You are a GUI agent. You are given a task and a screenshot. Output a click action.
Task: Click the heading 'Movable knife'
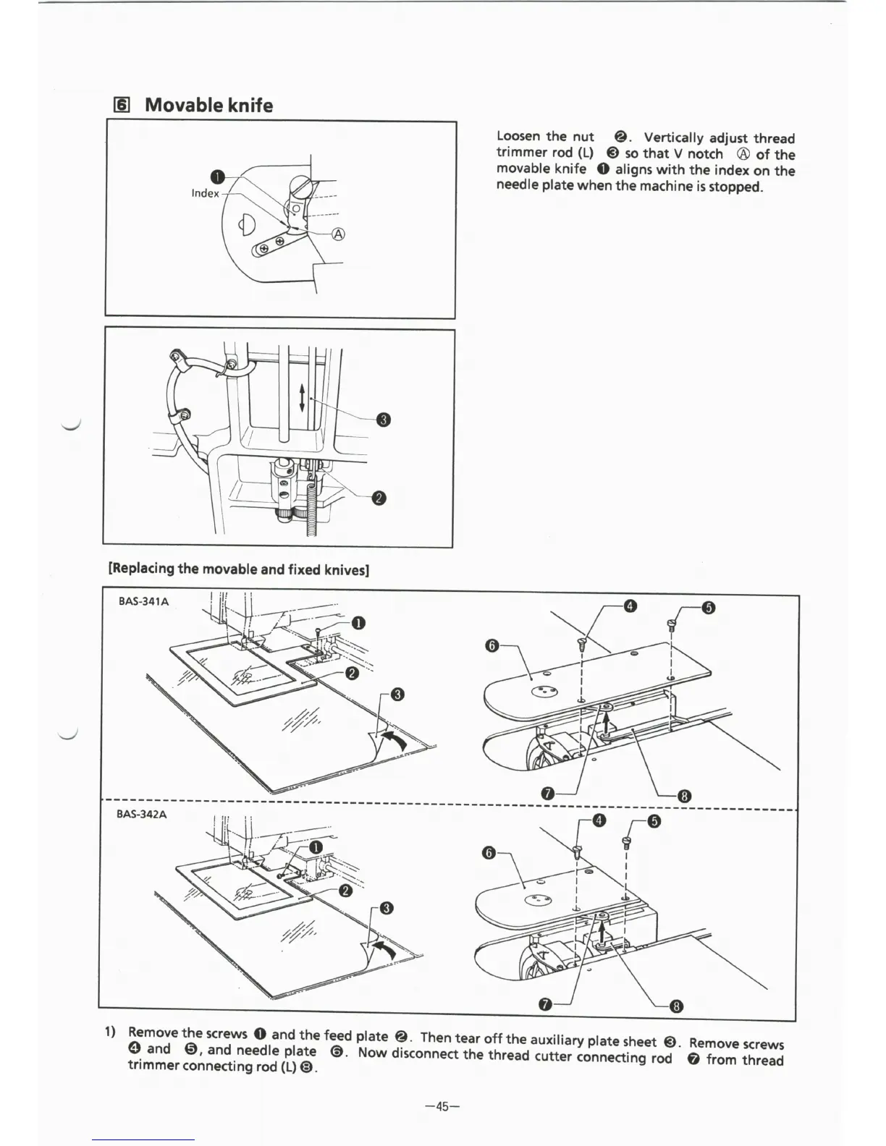tap(208, 106)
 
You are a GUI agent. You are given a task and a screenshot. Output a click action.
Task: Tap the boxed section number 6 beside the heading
tap(122, 106)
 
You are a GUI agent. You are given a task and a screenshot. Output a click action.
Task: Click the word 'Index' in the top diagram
tap(205, 193)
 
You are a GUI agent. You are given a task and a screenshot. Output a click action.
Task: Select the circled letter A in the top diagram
tap(338, 234)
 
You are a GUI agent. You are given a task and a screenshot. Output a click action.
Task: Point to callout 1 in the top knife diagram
tap(216, 177)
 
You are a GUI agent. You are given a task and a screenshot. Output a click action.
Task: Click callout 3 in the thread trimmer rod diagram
tap(384, 420)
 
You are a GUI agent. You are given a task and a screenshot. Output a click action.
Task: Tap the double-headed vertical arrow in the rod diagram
tap(302, 396)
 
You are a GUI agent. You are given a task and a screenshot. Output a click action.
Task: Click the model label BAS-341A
tap(144, 602)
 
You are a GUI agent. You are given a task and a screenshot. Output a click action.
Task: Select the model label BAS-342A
tap(142, 814)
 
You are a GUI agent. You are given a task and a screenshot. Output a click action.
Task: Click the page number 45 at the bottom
tap(443, 1105)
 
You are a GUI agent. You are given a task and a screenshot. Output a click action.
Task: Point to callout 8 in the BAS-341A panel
tap(684, 797)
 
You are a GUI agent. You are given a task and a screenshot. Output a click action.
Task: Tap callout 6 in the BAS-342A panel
tap(490, 854)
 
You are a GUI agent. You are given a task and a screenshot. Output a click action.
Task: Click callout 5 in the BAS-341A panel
tap(709, 608)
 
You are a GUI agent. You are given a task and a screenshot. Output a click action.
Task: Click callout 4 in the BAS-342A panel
tap(599, 820)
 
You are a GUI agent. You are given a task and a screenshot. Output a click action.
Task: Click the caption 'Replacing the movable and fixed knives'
tap(239, 569)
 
